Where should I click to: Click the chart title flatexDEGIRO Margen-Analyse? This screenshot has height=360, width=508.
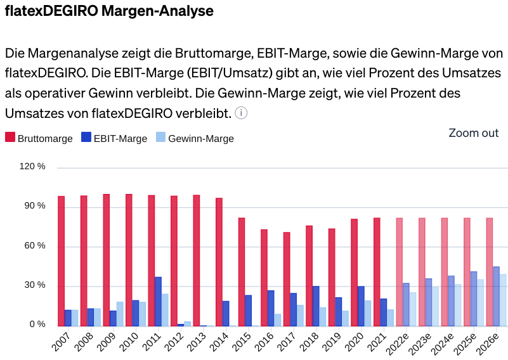(x=109, y=11)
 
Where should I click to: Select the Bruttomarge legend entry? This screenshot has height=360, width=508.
(x=39, y=138)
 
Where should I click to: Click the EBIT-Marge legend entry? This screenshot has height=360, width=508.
(x=114, y=138)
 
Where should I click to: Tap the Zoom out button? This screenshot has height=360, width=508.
(x=473, y=133)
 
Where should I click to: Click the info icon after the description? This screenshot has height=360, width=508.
(x=241, y=113)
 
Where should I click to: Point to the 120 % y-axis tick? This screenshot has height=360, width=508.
(x=33, y=167)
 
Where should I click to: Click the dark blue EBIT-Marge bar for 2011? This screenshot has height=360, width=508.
(x=158, y=302)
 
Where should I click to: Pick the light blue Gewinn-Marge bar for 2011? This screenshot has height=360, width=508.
(x=165, y=310)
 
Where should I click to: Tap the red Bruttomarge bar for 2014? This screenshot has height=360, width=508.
(x=219, y=262)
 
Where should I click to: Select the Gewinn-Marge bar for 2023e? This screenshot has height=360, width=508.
(x=436, y=307)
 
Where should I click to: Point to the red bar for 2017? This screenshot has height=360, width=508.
(x=287, y=279)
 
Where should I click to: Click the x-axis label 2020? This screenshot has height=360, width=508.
(x=353, y=342)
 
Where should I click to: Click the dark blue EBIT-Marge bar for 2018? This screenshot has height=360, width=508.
(x=316, y=306)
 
